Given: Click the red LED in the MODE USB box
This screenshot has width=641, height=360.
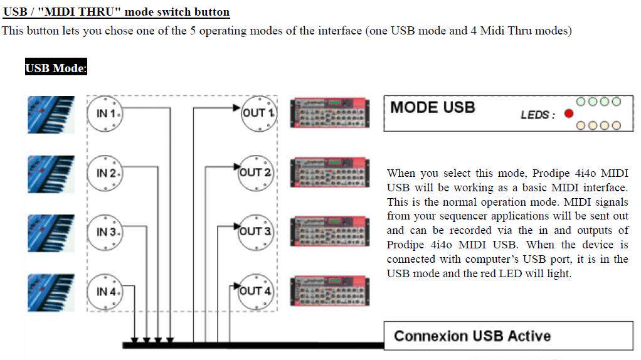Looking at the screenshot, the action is [569, 114].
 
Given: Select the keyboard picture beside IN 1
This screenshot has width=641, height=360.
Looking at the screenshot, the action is [51, 114].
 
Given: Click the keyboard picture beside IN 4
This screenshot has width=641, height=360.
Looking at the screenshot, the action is [51, 292].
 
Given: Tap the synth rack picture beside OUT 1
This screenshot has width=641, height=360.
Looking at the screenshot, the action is [330, 113].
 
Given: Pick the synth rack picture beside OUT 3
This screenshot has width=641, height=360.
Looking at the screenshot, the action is [330, 231].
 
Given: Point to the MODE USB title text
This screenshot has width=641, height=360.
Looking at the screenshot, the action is [433, 107].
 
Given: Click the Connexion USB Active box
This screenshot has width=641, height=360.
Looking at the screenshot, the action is [509, 336].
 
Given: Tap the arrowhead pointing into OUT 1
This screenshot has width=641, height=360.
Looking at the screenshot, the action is [236, 108].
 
